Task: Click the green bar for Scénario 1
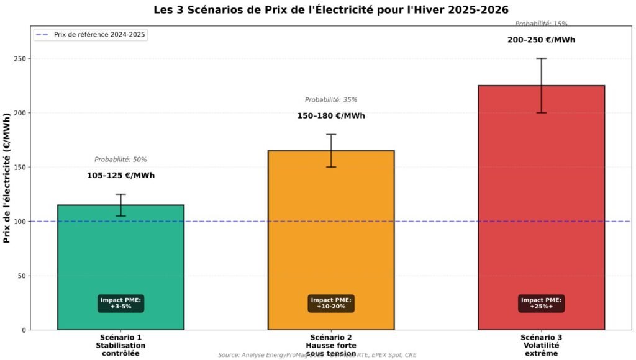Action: point(120,261)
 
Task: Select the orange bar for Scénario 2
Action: point(331,236)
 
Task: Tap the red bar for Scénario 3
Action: point(541,205)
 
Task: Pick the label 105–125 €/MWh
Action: point(120,176)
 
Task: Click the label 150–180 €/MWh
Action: point(331,116)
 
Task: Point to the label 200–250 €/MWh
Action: point(541,40)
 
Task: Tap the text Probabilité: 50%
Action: point(120,160)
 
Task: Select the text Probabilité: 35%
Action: point(331,100)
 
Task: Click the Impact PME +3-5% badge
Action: point(120,304)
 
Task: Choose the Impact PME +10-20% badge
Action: point(331,304)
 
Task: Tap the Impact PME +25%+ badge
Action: point(541,304)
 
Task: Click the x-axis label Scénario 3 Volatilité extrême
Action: point(541,345)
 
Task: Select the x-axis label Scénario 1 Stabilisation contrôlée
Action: point(120,345)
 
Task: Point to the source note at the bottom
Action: point(317,355)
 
